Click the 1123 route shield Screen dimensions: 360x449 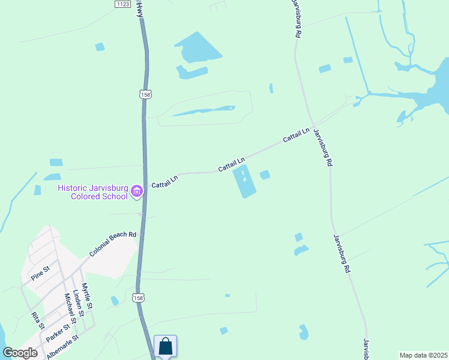[x=123, y=4]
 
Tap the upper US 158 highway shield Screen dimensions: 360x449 [x=145, y=94]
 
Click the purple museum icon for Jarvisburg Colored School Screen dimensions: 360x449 [x=137, y=192]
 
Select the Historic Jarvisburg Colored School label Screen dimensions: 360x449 [x=93, y=192]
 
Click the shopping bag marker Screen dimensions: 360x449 [x=165, y=347]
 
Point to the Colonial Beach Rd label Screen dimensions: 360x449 [x=113, y=244]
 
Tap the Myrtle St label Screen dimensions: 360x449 [x=87, y=296]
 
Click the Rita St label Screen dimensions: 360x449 [x=38, y=321]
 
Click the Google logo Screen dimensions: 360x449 [x=20, y=353]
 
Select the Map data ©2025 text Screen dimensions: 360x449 [x=423, y=355]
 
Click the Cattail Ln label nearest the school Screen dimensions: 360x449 [x=164, y=181]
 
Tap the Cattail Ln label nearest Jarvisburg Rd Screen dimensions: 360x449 [x=296, y=136]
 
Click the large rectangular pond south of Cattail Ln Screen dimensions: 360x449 [x=244, y=181]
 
